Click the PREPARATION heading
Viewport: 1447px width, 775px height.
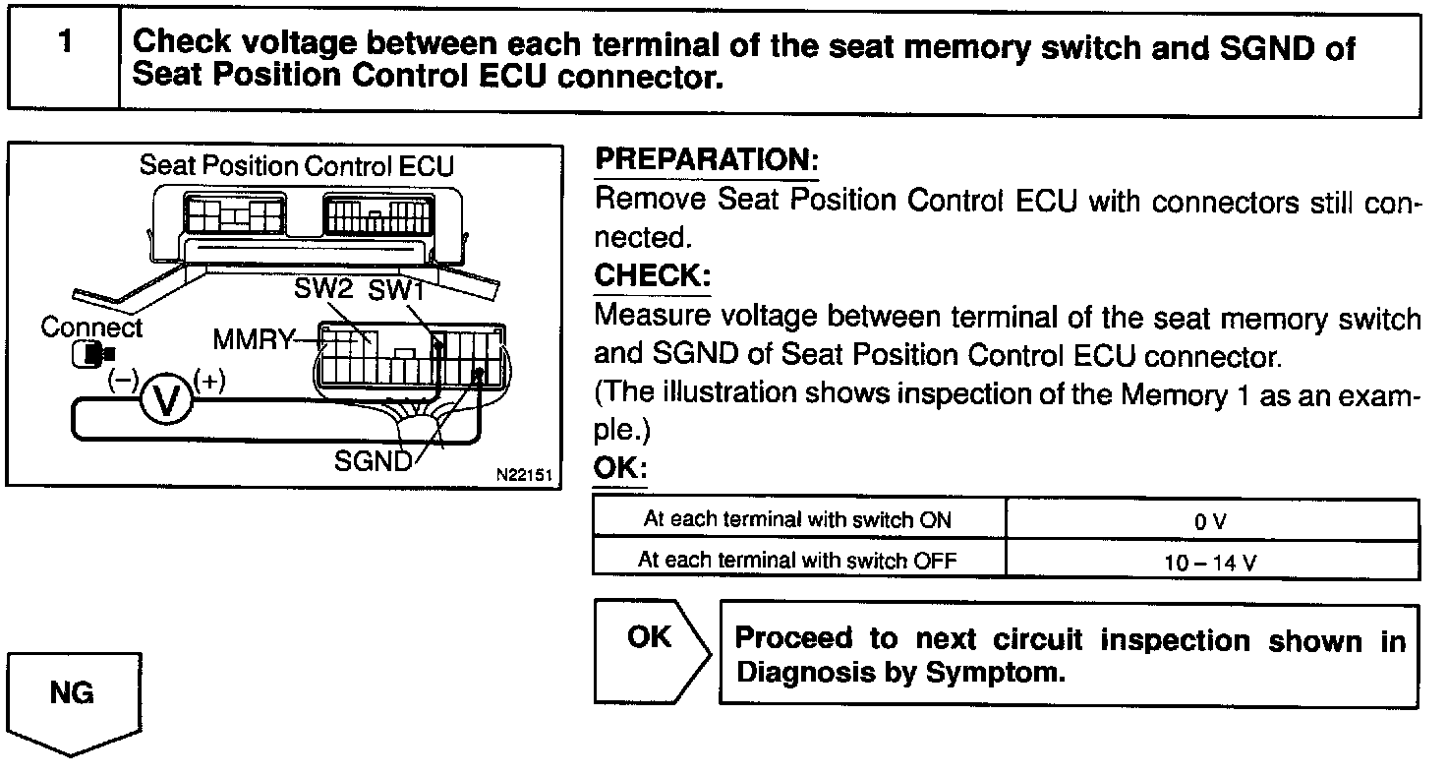[x=707, y=159]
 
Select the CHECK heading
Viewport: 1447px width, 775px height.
[x=652, y=275]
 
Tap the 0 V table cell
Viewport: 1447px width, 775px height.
[x=1211, y=521]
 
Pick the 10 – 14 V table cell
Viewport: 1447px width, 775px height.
[x=1211, y=562]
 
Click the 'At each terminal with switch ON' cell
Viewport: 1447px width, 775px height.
[x=797, y=519]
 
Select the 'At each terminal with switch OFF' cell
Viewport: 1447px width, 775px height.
[x=797, y=560]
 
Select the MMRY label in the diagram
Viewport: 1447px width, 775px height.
[x=253, y=341]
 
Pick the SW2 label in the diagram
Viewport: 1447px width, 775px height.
[x=322, y=290]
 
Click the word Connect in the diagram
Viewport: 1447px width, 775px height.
[x=91, y=328]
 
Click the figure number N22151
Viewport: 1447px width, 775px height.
[x=525, y=473]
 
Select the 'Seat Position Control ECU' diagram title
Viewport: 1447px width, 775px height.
[x=296, y=165]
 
